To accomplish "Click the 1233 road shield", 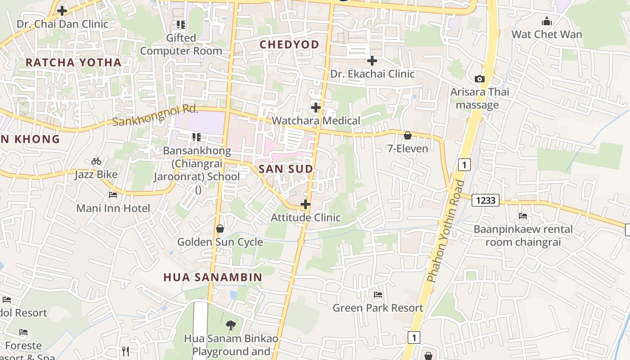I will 486,200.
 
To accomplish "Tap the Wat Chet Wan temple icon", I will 547,21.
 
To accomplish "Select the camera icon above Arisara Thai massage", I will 480,79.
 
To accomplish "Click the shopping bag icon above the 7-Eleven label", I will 408,135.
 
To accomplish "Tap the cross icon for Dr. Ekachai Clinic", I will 372,61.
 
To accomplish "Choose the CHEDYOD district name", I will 289,45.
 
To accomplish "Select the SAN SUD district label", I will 286,169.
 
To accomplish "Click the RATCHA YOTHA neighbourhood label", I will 73,63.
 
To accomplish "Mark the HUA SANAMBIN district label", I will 212,277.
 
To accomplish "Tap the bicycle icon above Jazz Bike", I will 96,161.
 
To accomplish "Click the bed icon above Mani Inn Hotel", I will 113,195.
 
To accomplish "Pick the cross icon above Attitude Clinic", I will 306,204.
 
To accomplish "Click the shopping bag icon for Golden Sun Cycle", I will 220,229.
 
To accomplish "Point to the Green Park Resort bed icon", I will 378,295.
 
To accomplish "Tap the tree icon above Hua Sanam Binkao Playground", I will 231,324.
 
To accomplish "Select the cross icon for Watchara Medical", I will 316,108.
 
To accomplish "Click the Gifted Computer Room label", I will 181,44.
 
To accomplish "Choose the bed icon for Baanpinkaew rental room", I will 523,216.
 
